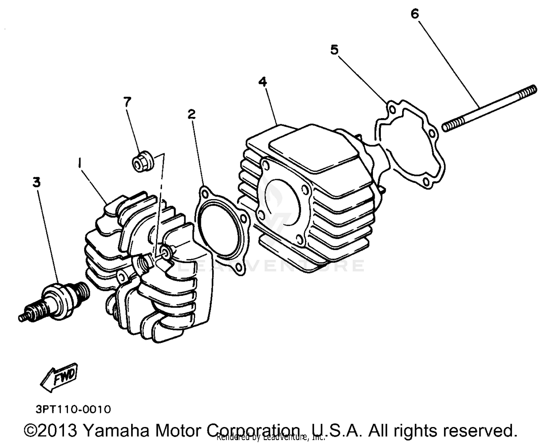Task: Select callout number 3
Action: tap(36, 182)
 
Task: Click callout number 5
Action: tap(334, 50)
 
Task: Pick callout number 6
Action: tap(414, 14)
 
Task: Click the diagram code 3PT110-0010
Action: tap(73, 409)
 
